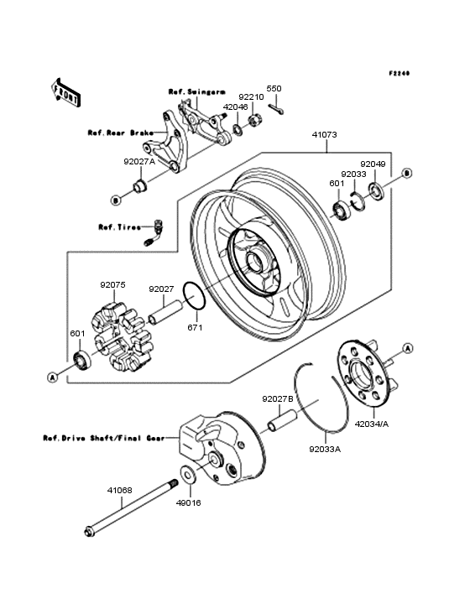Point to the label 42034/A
(370, 424)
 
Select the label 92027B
(277, 399)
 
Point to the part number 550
(274, 89)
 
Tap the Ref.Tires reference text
(117, 226)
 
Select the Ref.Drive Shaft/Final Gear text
(102, 437)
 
